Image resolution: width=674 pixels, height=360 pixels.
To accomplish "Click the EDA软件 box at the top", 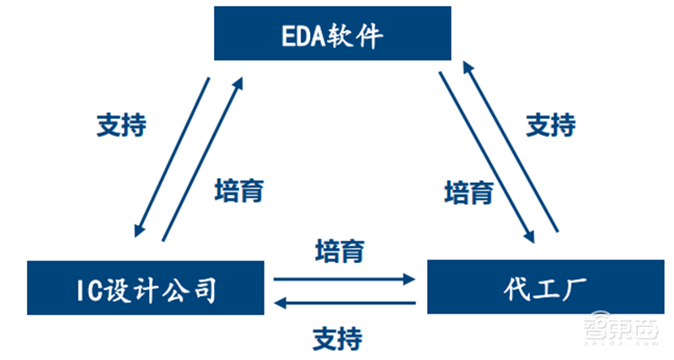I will pyautogui.click(x=333, y=35).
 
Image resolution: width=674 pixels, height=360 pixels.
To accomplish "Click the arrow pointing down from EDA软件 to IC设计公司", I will pyautogui.click(x=171, y=156).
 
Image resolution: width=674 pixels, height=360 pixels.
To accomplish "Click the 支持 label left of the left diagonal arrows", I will pyautogui.click(x=121, y=125).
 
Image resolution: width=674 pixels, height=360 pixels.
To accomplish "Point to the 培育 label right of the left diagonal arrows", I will pyautogui.click(x=239, y=191).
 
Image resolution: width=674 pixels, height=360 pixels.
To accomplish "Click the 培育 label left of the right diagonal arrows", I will pyautogui.click(x=468, y=191).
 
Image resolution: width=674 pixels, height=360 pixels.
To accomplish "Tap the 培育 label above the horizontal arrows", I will pyautogui.click(x=340, y=250).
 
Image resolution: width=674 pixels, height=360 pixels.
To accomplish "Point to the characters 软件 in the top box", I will pyautogui.click(x=360, y=35).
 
